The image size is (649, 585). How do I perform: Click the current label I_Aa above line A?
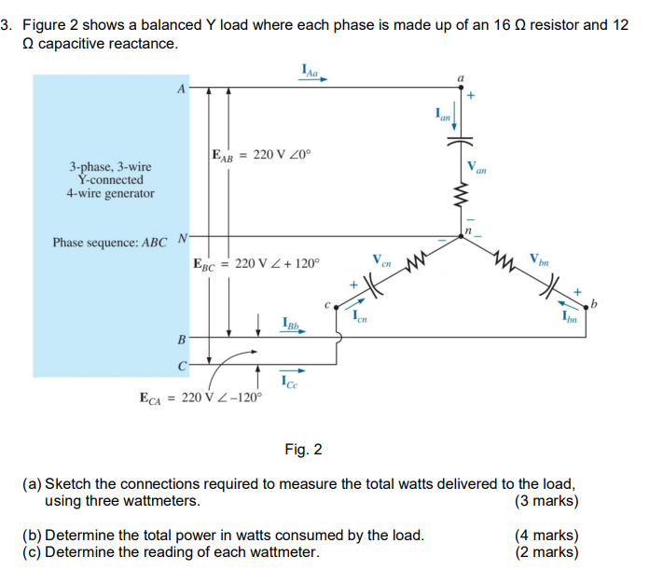[x=311, y=68]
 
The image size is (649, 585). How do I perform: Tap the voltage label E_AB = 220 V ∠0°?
[x=253, y=155]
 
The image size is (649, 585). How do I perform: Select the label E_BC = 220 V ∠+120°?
[x=255, y=264]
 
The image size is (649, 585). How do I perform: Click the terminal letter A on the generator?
[x=180, y=88]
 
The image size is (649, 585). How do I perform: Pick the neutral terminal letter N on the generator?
[x=183, y=237]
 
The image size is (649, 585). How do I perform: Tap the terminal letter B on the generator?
[x=182, y=336]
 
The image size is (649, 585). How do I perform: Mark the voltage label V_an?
[x=478, y=167]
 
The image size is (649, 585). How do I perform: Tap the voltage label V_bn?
[x=538, y=258]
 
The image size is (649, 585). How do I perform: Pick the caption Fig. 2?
[x=303, y=451]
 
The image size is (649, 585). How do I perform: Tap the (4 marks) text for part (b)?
[x=546, y=536]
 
